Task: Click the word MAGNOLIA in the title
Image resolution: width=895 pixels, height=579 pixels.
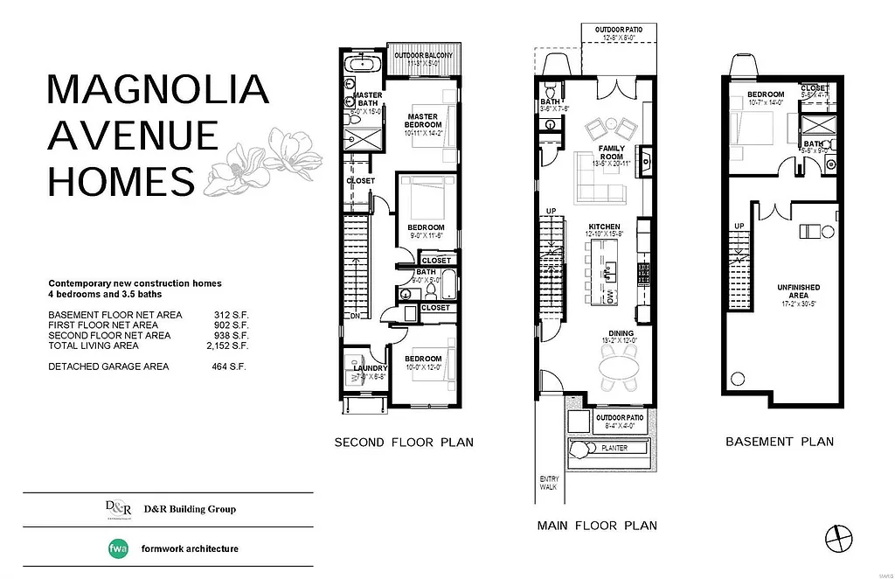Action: point(157,90)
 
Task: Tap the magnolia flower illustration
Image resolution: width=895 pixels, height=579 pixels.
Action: point(263,163)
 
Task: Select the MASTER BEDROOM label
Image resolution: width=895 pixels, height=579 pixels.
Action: point(424,121)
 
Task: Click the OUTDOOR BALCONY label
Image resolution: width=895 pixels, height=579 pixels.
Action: point(423,56)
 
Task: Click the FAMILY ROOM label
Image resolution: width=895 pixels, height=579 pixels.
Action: point(612,153)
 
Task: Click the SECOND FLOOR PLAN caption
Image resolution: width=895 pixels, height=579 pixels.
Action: point(404,443)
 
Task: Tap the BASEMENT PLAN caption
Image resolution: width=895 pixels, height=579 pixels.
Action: point(780,442)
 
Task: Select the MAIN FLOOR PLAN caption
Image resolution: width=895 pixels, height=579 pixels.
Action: point(597,526)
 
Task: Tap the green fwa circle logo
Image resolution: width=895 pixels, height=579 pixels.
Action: point(117,549)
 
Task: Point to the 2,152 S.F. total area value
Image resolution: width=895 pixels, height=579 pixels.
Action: point(231,345)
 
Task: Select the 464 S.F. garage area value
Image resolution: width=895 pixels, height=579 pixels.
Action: point(231,366)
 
